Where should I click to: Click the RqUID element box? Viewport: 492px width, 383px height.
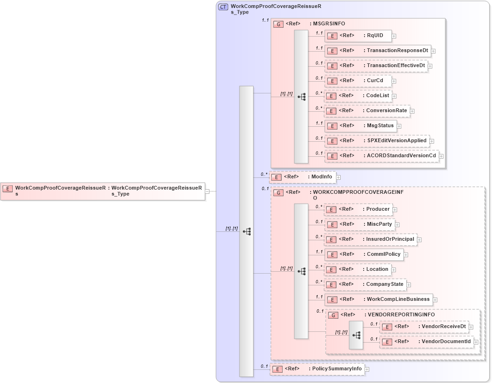point(358,35)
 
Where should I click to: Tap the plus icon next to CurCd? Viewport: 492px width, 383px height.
point(394,81)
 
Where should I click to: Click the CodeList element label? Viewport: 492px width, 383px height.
point(378,95)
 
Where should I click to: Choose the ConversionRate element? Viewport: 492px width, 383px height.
point(367,111)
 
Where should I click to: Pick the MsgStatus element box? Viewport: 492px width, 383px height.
point(361,126)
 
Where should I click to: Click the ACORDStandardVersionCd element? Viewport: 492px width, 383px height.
point(381,155)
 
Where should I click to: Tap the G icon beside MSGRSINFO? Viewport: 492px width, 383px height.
point(278,24)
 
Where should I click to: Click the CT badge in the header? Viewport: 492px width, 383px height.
point(224,7)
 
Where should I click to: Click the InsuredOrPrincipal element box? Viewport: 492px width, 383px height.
point(370,239)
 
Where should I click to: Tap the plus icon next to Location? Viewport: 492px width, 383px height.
point(394,270)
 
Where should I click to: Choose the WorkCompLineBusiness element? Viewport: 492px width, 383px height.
point(378,299)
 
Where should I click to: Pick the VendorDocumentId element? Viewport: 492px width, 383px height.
point(426,342)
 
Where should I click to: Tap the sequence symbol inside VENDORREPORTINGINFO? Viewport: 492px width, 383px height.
point(356,335)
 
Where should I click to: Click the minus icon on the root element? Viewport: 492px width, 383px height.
point(207,191)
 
